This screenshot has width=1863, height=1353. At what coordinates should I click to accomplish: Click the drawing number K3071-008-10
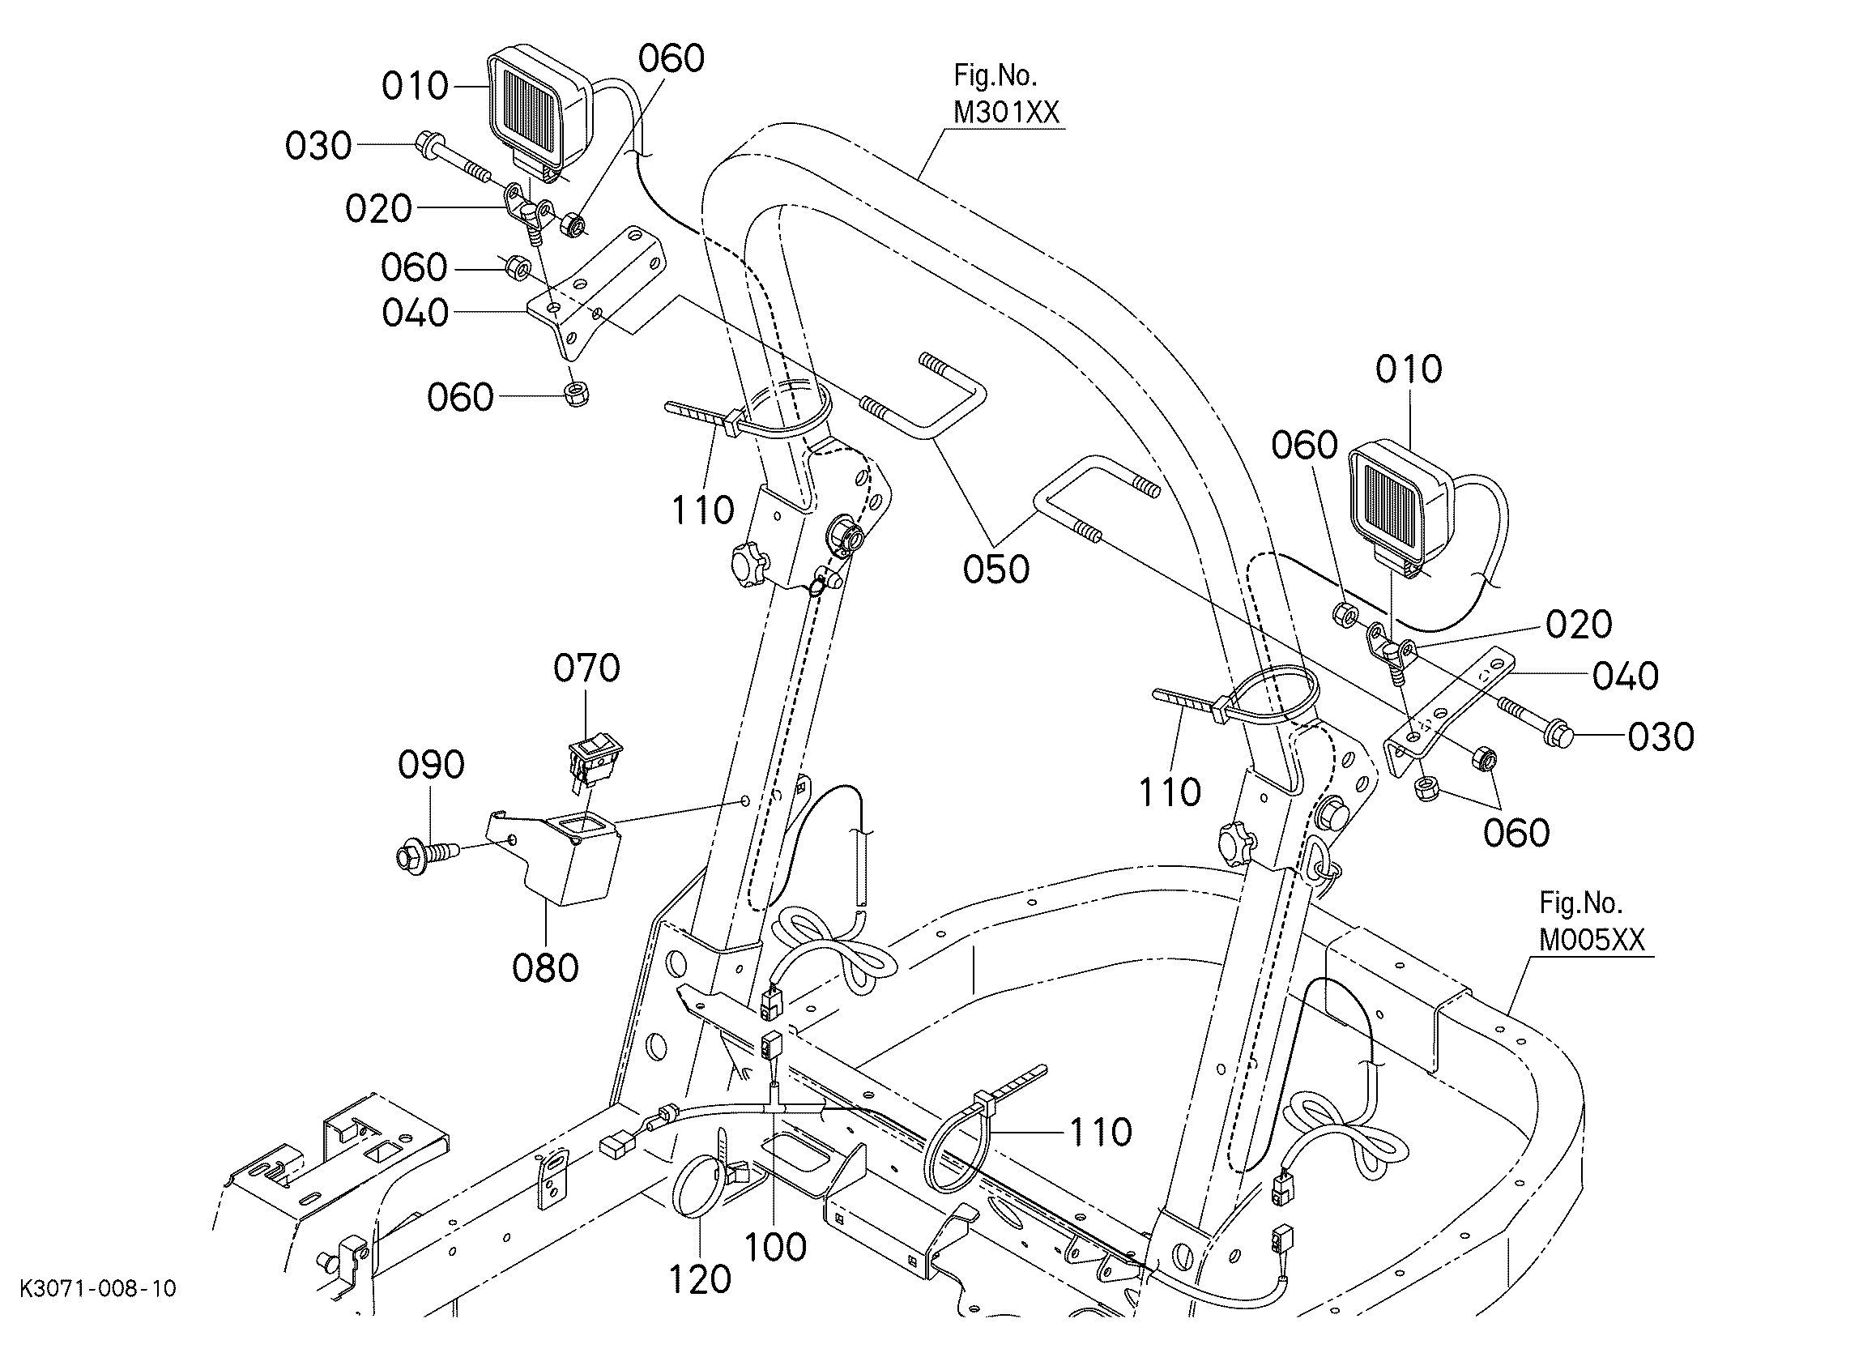click(x=98, y=1288)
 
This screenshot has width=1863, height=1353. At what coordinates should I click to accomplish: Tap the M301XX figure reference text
click(x=1005, y=112)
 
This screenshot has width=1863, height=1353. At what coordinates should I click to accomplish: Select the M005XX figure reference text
click(x=1592, y=940)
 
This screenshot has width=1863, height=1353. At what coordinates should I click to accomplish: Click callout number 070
click(x=586, y=668)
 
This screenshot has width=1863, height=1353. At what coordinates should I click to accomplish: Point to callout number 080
click(x=545, y=968)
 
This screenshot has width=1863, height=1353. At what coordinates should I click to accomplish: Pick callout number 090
click(x=430, y=766)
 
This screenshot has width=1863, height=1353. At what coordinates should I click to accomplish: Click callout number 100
click(x=775, y=1248)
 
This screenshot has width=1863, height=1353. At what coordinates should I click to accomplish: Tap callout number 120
click(x=700, y=1280)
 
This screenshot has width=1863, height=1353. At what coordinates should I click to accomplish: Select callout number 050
click(x=995, y=570)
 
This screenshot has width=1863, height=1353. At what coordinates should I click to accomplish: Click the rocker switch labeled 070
click(x=594, y=757)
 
